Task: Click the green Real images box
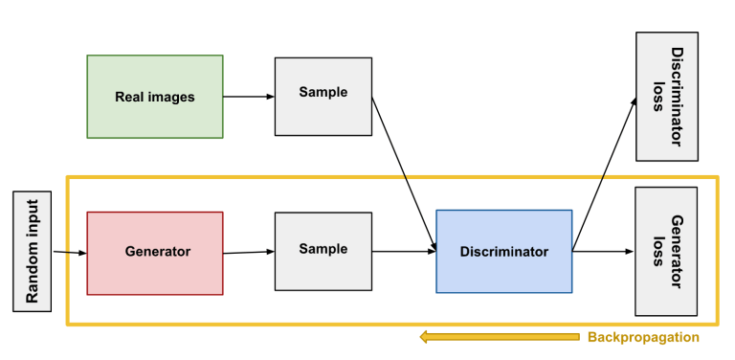155,96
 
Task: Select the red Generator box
155,253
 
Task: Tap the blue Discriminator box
503,252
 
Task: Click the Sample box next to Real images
323,95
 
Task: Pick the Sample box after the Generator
323,251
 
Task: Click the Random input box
31,251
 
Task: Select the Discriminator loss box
666,96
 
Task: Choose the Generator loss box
666,251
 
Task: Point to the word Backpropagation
642,337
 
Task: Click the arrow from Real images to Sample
249,96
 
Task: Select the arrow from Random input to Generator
69,253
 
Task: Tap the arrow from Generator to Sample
249,253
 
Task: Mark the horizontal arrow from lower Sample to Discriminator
404,252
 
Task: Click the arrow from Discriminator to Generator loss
603,252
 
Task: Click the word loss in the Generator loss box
657,251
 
